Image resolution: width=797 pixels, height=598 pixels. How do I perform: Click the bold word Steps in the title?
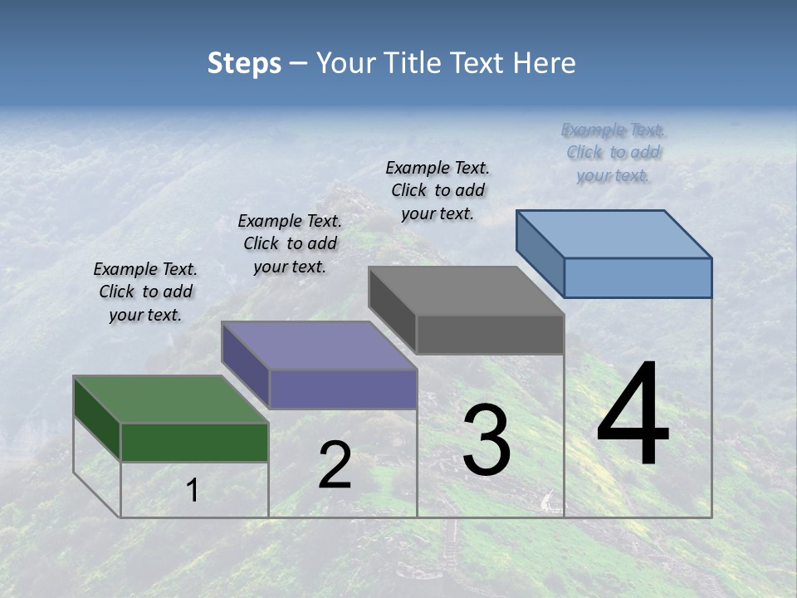click(x=243, y=63)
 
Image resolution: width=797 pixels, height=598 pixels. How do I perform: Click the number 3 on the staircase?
click(x=487, y=440)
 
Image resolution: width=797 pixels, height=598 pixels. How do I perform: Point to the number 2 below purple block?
click(x=335, y=465)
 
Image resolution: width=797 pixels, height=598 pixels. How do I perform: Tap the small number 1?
click(x=192, y=491)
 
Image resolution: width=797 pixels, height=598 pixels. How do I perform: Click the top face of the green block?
click(x=171, y=399)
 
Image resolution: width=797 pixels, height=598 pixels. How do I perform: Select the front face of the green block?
click(x=194, y=442)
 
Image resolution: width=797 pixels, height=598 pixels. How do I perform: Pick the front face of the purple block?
click(x=343, y=389)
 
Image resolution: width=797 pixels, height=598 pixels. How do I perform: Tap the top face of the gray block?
click(x=466, y=291)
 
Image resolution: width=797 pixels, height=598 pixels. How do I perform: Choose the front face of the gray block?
click(x=490, y=334)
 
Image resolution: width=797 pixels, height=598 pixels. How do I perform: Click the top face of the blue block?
click(x=614, y=233)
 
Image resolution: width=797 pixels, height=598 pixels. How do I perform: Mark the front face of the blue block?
click(x=638, y=277)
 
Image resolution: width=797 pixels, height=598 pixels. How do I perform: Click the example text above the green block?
click(x=145, y=292)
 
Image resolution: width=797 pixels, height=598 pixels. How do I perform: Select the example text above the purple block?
click(x=290, y=243)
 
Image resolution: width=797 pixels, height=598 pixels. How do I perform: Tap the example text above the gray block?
click(x=438, y=190)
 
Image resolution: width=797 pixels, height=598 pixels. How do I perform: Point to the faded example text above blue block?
click(x=614, y=152)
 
